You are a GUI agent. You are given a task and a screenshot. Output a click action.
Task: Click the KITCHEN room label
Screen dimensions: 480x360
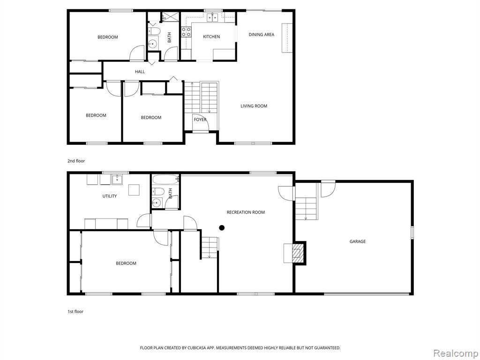point(211,37)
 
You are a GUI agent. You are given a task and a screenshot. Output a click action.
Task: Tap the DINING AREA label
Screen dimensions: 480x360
point(261,35)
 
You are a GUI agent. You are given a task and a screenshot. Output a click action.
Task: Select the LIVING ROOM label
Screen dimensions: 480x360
point(254,106)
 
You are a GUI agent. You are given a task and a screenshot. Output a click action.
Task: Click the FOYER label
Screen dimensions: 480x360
point(200,120)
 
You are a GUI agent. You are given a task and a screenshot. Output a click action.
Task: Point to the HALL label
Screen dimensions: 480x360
point(140,72)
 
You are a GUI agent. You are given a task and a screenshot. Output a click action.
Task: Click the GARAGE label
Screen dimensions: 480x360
point(358,241)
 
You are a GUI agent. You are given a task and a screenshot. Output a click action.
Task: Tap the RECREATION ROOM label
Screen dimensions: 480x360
point(246,212)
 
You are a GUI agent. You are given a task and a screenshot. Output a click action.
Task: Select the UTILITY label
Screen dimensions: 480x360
point(110,196)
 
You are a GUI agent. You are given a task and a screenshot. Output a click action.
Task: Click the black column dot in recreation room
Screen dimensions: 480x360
point(222,228)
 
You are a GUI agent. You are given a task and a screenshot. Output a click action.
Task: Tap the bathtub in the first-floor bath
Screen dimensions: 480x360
point(165,180)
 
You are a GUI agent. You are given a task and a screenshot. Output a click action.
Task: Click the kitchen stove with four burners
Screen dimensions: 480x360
point(186,32)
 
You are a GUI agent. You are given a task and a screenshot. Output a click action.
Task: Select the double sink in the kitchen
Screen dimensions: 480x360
point(213,17)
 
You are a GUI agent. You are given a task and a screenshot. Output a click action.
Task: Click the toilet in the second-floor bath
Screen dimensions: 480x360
point(154,31)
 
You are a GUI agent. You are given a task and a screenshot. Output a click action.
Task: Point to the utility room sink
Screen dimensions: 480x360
point(117,180)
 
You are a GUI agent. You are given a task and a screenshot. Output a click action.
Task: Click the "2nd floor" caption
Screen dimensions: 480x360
point(76,161)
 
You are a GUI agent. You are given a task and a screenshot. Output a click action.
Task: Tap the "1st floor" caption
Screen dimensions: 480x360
point(75,312)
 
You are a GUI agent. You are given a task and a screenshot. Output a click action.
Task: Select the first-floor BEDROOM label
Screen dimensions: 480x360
point(126,263)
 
